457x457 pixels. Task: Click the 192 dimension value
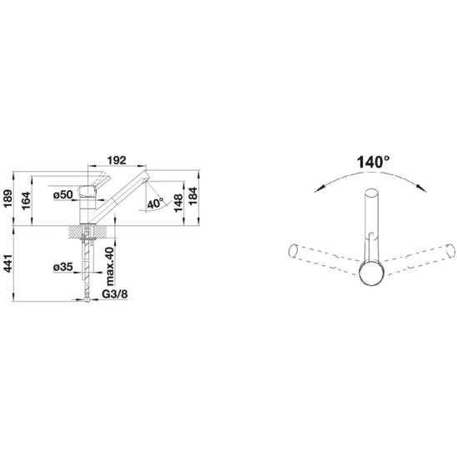pyautogui.click(x=117, y=160)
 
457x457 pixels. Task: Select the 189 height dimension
pyautogui.click(x=8, y=198)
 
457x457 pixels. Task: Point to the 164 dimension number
pyautogui.click(x=26, y=200)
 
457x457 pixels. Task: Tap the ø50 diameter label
pyautogui.click(x=63, y=194)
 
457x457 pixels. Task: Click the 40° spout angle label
pyautogui.click(x=156, y=203)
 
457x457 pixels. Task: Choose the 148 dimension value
pyautogui.click(x=178, y=203)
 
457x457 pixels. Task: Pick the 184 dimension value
pyautogui.click(x=193, y=196)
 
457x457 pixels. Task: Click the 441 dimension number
pyautogui.click(x=8, y=264)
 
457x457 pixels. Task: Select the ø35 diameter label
pyautogui.click(x=63, y=267)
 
